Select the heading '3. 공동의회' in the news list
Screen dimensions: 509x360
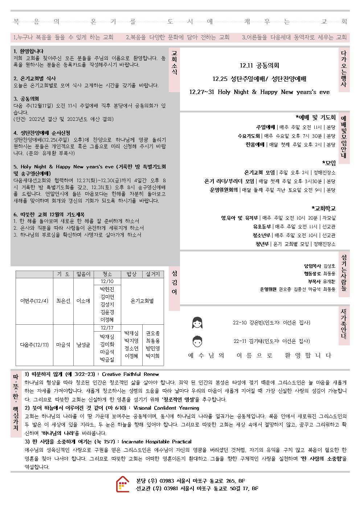26,99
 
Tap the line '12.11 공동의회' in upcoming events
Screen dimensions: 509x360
259,66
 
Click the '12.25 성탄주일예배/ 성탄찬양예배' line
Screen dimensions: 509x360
259,79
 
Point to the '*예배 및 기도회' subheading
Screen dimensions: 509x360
315,117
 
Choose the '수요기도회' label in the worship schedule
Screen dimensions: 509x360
249,136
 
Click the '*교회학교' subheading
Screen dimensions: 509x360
324,208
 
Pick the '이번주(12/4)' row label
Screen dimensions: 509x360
34,301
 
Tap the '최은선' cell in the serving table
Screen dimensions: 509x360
63,301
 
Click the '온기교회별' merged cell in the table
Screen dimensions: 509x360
142,301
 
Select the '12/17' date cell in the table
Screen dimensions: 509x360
107,328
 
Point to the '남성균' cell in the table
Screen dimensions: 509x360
83,345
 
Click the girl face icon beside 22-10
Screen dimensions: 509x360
197,323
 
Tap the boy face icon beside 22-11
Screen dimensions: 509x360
197,341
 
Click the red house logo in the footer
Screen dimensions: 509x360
123,484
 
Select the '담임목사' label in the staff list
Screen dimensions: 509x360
312,266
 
